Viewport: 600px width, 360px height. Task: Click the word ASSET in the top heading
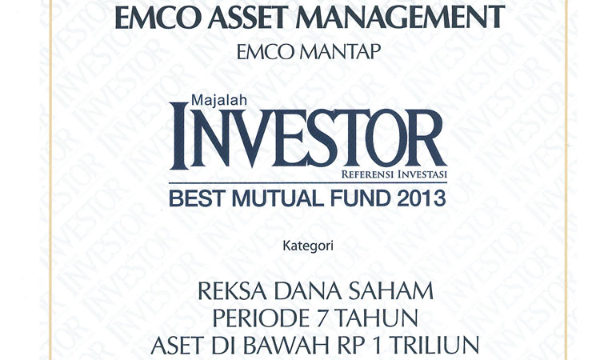click(x=248, y=18)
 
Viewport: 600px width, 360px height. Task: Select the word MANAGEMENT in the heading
click(x=400, y=18)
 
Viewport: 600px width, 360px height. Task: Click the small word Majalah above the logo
click(x=219, y=100)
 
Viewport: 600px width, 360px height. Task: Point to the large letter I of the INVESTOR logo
click(x=179, y=136)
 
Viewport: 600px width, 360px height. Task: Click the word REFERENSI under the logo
click(x=367, y=175)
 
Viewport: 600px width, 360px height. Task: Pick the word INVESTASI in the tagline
click(x=422, y=175)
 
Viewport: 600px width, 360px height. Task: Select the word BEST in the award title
click(x=198, y=198)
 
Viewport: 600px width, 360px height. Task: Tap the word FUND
click(x=361, y=198)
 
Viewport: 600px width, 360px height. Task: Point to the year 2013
click(x=422, y=198)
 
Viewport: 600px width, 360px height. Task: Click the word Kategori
click(x=308, y=246)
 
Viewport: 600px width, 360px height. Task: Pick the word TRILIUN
click(x=434, y=346)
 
